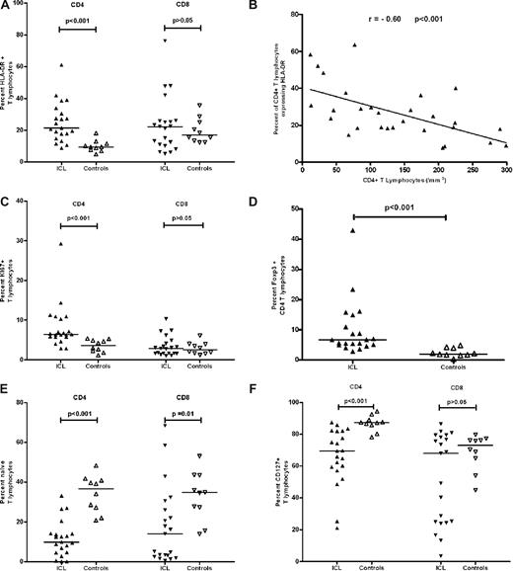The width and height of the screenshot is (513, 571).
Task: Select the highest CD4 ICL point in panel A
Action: tap(60, 65)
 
